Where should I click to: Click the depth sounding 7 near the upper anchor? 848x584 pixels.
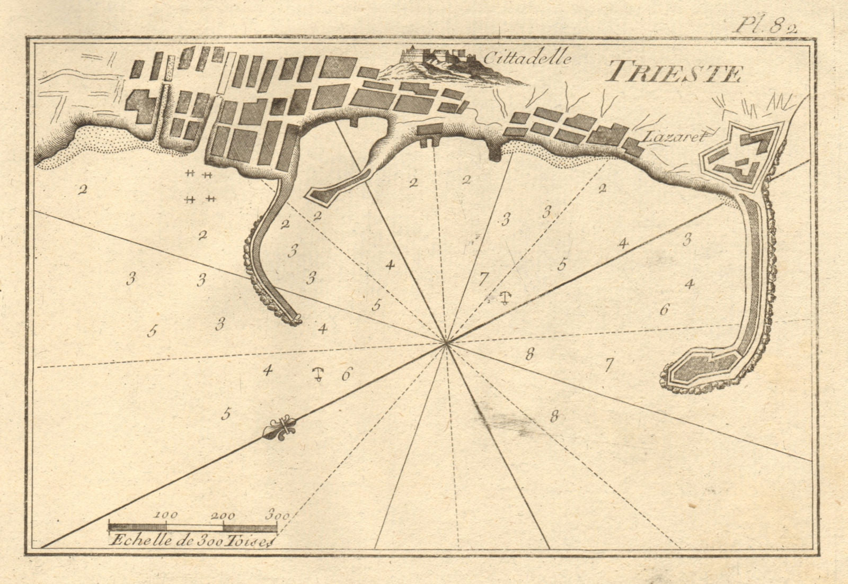(482, 277)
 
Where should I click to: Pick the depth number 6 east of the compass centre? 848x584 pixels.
(664, 310)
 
